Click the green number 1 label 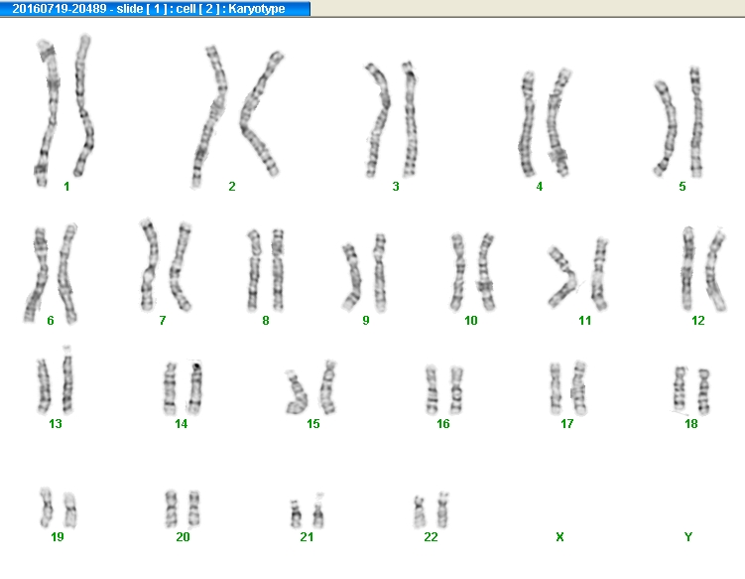[x=66, y=187]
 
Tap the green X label [x=559, y=537]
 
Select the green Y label [x=688, y=537]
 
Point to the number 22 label [x=431, y=537]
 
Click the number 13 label [x=56, y=424]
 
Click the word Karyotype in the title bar [x=257, y=9]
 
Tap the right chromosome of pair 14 [x=195, y=387]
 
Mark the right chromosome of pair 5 [x=696, y=122]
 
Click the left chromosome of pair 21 [x=295, y=514]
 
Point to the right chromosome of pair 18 [x=703, y=391]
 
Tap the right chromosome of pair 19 [x=70, y=510]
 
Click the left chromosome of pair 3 [x=380, y=120]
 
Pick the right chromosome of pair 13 [x=67, y=380]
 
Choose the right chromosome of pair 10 [x=485, y=271]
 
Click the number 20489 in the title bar [x=90, y=9]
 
